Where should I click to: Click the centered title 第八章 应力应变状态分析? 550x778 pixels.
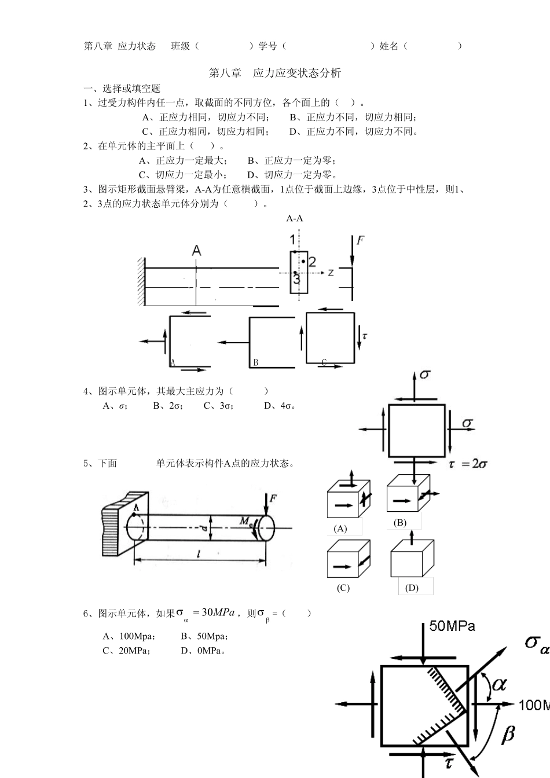[274, 73]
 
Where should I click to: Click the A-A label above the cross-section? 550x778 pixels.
[294, 218]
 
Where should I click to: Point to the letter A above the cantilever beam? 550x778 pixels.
[197, 250]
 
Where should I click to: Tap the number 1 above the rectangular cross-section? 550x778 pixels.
[293, 240]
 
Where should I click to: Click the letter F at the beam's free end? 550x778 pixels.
[360, 240]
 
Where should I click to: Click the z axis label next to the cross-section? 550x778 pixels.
[330, 271]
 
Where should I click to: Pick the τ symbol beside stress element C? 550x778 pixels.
[364, 335]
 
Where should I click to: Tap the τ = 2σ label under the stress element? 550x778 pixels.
[468, 464]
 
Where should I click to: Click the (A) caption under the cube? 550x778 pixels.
[340, 528]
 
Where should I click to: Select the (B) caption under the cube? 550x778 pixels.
[400, 522]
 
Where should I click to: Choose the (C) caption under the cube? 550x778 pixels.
[343, 588]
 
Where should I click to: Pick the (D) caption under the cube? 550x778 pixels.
[412, 588]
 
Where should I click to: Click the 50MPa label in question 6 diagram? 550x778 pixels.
[452, 626]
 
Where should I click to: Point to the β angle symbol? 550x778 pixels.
[508, 735]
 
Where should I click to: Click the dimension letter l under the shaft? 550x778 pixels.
[199, 554]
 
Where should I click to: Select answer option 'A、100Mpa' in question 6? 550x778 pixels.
[129, 636]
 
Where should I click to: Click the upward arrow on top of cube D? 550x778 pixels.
[411, 536]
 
